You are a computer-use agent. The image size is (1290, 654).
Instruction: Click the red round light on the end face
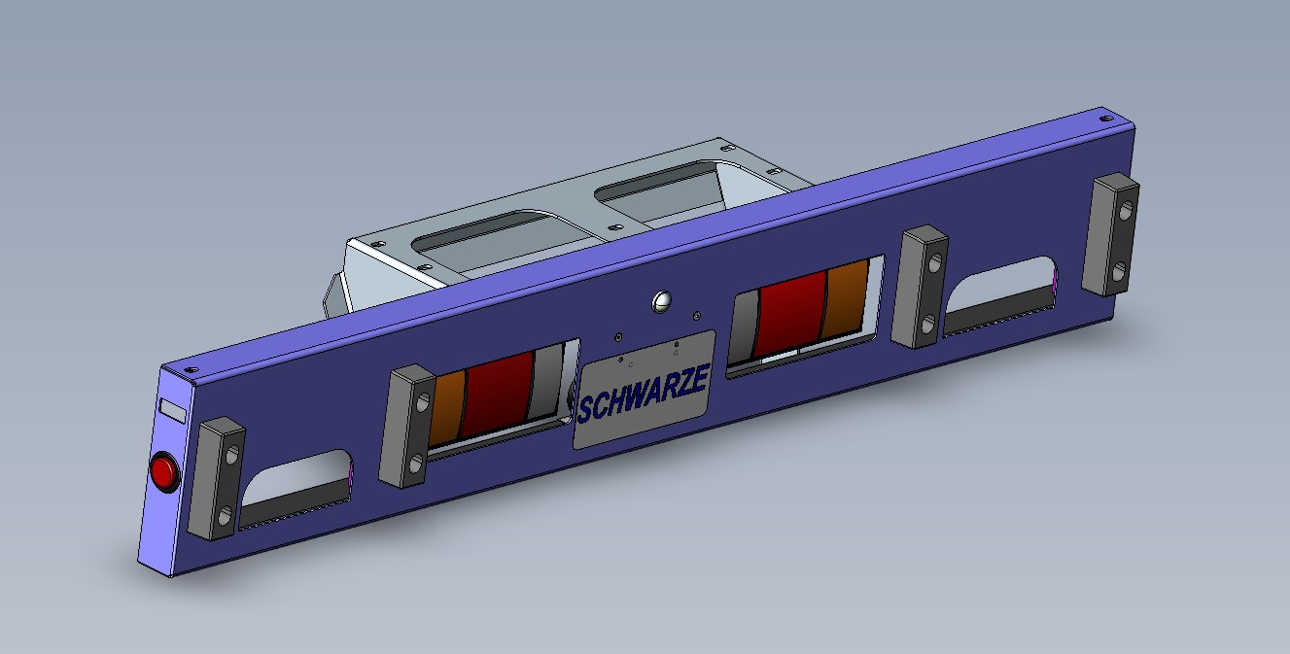(x=163, y=472)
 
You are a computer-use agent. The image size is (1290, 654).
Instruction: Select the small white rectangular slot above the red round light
(x=172, y=409)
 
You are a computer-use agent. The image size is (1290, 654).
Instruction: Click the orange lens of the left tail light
(x=447, y=409)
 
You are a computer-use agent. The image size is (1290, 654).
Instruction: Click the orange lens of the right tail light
(x=844, y=298)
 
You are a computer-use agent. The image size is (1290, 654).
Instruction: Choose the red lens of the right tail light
(x=791, y=314)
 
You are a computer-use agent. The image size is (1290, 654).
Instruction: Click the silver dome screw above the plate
(x=662, y=301)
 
